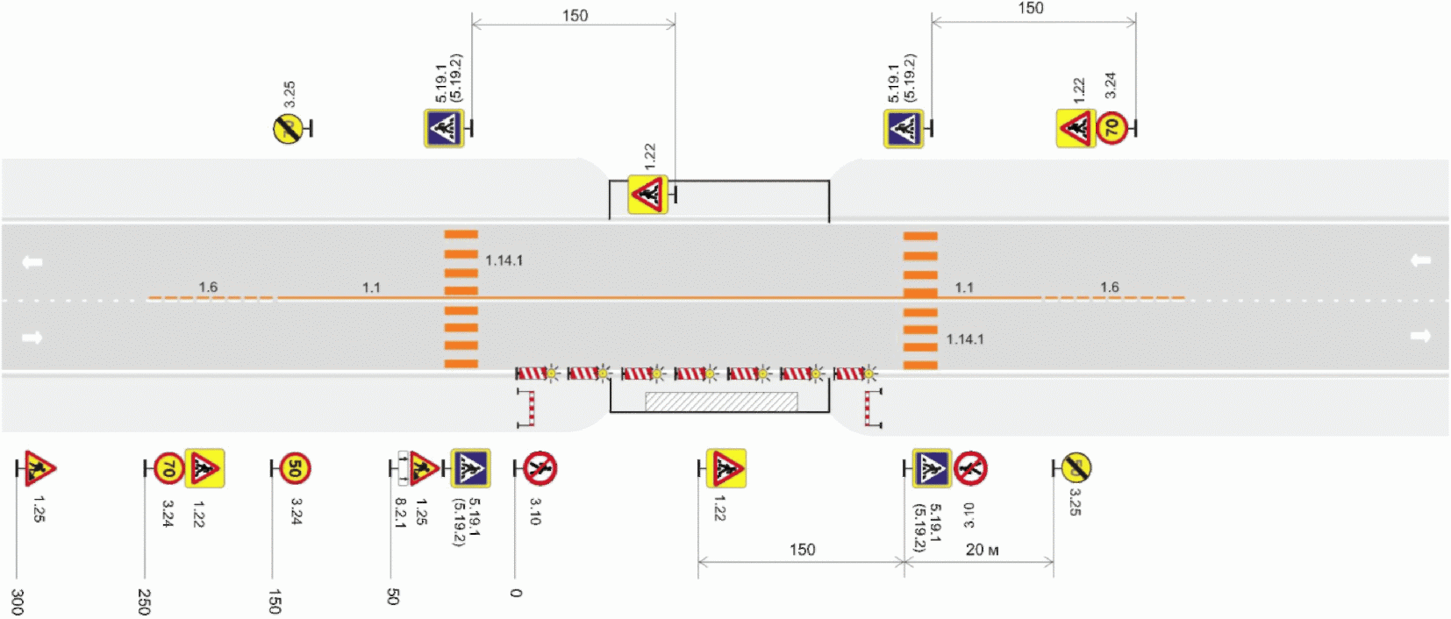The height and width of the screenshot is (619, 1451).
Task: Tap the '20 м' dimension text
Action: click(x=982, y=550)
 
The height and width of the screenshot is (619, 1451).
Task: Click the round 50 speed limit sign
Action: click(x=295, y=468)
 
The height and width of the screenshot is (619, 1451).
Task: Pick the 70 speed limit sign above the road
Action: click(x=1111, y=128)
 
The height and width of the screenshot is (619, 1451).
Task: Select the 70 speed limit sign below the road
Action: click(x=168, y=469)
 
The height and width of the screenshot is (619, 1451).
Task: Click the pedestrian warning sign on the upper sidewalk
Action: click(x=647, y=194)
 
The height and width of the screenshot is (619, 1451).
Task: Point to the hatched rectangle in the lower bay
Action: click(x=721, y=402)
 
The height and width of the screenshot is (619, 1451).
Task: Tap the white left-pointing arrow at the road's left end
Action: click(x=32, y=261)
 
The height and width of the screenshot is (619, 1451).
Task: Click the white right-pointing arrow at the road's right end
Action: click(x=1420, y=336)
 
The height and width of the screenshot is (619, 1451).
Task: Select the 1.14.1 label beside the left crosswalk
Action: click(x=504, y=260)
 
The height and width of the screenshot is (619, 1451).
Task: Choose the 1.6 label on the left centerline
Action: click(x=208, y=287)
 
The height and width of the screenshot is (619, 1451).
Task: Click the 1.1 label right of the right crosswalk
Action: click(x=964, y=287)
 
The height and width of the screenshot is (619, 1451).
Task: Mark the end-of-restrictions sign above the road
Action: click(x=288, y=129)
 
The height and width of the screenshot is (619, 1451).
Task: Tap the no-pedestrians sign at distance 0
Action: click(x=540, y=468)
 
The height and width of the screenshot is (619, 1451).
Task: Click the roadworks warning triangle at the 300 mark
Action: click(x=39, y=468)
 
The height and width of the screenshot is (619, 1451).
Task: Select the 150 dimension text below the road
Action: click(x=802, y=550)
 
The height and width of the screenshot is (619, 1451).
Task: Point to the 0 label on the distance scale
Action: click(x=516, y=593)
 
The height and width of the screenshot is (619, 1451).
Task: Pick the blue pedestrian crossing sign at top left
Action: click(x=444, y=128)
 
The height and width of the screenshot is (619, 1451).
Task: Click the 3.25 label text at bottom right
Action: click(x=1075, y=502)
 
